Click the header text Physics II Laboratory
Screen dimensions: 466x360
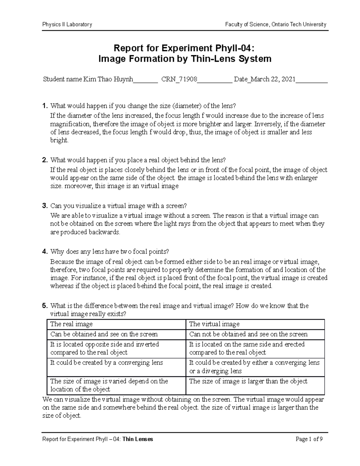(67, 25)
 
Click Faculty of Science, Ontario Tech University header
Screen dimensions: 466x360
(276, 25)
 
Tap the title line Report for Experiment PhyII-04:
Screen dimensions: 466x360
(184, 48)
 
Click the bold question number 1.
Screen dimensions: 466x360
(45, 106)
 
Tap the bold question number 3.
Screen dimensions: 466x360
(45, 206)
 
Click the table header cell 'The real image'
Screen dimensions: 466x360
(71, 324)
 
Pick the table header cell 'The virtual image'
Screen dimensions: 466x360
(214, 324)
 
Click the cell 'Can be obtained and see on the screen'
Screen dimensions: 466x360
(104, 334)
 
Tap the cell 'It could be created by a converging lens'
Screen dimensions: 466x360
(106, 363)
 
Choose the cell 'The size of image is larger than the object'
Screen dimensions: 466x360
(248, 381)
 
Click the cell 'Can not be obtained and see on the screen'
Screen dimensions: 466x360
(248, 334)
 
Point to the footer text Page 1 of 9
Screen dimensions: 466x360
(309, 440)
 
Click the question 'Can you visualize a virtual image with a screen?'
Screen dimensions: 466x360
(118, 206)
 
